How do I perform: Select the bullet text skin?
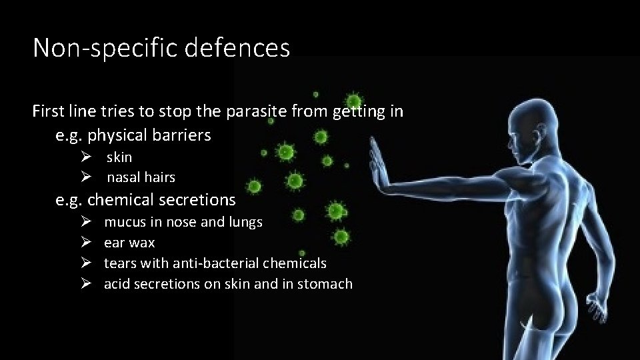point(119,157)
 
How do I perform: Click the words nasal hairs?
point(141,177)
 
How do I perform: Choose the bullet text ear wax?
point(129,243)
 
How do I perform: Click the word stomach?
point(325,284)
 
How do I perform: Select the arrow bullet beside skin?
point(85,157)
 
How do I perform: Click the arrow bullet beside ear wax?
point(85,243)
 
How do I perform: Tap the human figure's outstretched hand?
point(379,164)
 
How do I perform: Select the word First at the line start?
point(48,111)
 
